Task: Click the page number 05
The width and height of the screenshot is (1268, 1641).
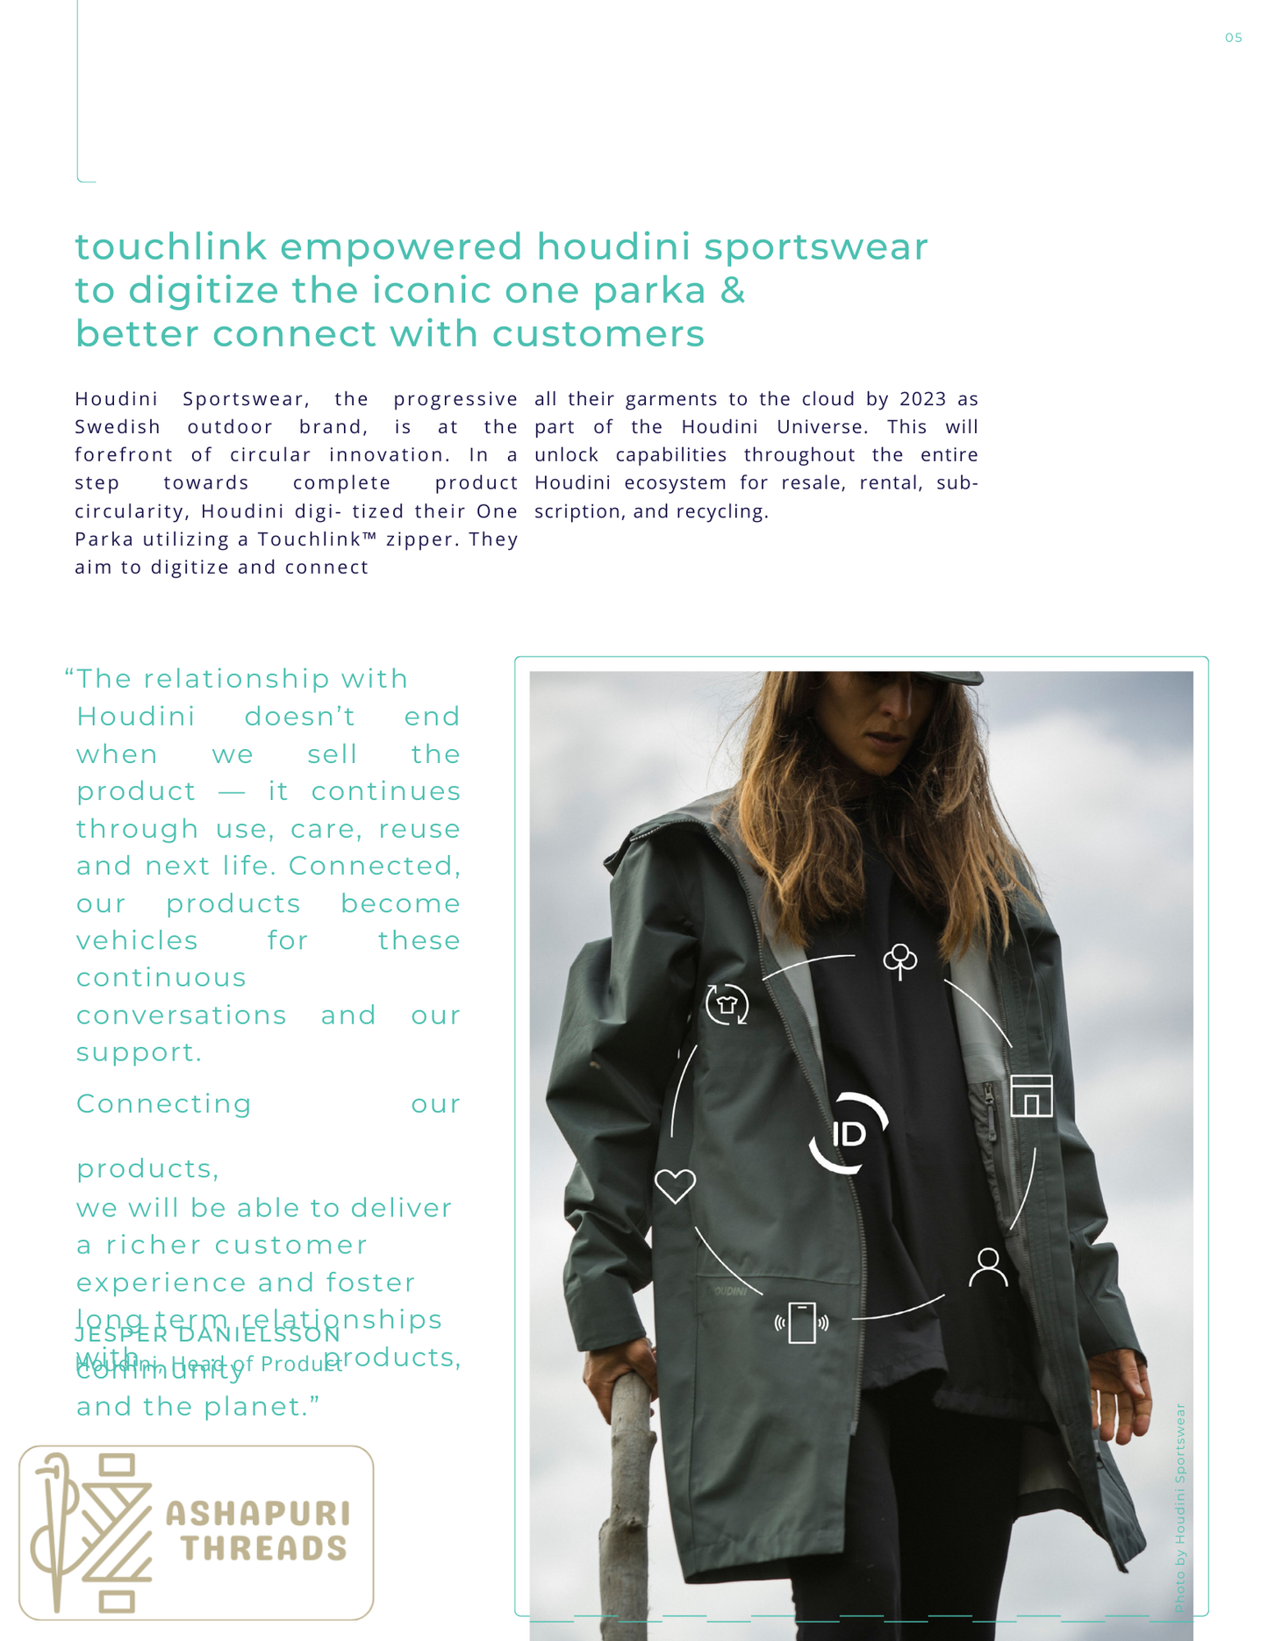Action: pos(1233,38)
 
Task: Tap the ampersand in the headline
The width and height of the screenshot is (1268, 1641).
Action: pos(733,290)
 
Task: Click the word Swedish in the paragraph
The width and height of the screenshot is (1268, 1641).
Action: pos(118,427)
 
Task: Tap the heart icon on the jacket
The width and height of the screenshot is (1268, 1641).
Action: pos(675,1186)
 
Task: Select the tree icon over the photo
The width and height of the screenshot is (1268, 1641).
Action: pos(899,960)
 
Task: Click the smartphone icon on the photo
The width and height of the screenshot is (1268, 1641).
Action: pos(802,1323)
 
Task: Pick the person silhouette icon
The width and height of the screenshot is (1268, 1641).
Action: pos(988,1267)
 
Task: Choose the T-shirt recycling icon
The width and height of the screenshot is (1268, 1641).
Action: pos(727,1004)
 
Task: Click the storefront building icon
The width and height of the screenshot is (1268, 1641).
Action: pos(1031,1095)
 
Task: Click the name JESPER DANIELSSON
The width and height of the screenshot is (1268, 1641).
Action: pos(208,1335)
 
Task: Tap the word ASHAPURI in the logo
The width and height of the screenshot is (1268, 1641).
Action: pos(258,1514)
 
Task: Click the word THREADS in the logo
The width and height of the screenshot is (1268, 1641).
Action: pos(264,1549)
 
